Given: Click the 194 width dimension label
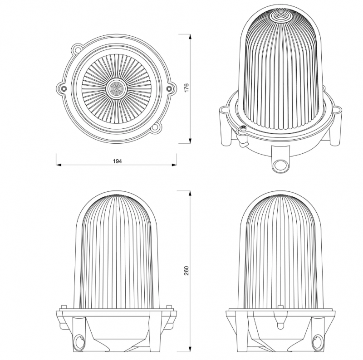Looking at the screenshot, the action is click(x=118, y=161).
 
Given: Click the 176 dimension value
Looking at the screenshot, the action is click(x=186, y=88).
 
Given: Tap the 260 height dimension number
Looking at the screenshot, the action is click(x=186, y=271).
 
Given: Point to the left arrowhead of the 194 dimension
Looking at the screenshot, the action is click(x=59, y=165).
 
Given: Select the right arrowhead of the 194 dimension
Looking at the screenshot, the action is click(x=174, y=165).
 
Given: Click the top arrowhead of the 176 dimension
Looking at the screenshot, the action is click(x=190, y=37).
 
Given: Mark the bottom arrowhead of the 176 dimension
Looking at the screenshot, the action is click(x=190, y=141).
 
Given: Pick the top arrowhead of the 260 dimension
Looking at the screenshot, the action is click(x=190, y=194).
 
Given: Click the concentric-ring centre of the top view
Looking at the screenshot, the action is click(x=116, y=88).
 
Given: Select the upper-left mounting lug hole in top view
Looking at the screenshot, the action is click(x=77, y=49).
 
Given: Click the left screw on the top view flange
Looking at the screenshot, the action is click(x=63, y=88).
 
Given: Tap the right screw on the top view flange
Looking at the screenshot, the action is click(x=169, y=88).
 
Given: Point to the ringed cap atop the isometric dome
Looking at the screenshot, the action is click(x=280, y=16).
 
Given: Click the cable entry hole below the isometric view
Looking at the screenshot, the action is click(x=280, y=165).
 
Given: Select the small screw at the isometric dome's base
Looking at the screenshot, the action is click(x=243, y=128).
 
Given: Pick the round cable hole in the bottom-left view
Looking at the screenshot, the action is click(x=79, y=341).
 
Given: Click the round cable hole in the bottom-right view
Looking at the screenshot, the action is click(x=317, y=341).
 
